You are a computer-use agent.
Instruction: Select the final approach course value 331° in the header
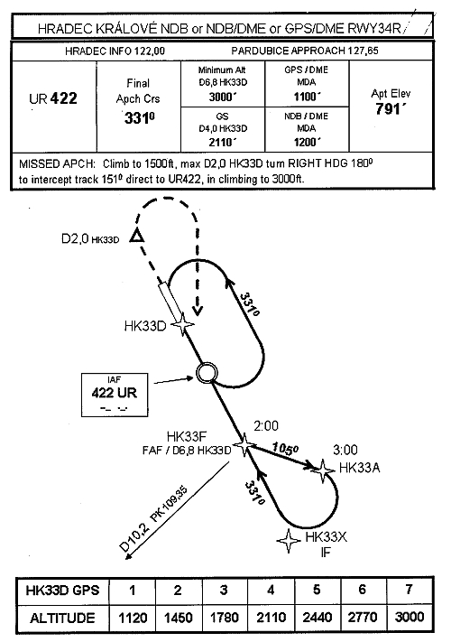click(139, 118)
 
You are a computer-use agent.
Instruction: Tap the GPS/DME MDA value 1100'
click(307, 97)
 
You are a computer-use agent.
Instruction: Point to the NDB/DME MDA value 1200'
click(307, 142)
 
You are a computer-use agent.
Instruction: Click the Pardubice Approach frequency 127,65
click(363, 51)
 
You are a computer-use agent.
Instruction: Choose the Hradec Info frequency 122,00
click(149, 51)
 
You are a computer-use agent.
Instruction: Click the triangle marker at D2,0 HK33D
click(137, 237)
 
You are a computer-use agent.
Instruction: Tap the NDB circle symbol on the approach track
click(206, 373)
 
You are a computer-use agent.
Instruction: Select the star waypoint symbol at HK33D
click(182, 324)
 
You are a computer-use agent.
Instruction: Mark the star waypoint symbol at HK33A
click(323, 470)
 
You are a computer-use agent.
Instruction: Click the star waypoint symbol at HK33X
click(289, 541)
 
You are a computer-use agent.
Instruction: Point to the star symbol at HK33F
click(244, 445)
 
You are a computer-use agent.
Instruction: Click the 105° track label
click(285, 448)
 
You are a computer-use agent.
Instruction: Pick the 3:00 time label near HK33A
click(345, 450)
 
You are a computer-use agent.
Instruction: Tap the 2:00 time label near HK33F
click(266, 426)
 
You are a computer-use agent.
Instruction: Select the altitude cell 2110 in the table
click(271, 617)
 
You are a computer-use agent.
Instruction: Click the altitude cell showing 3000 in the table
click(409, 617)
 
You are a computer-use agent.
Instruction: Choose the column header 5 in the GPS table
click(317, 590)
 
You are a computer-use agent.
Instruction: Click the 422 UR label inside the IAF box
click(114, 393)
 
